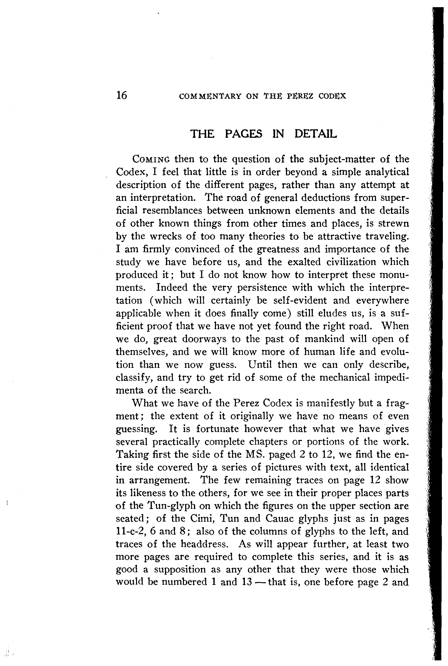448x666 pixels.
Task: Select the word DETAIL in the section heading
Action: click(x=315, y=134)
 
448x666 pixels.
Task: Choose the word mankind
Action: click(x=321, y=339)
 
